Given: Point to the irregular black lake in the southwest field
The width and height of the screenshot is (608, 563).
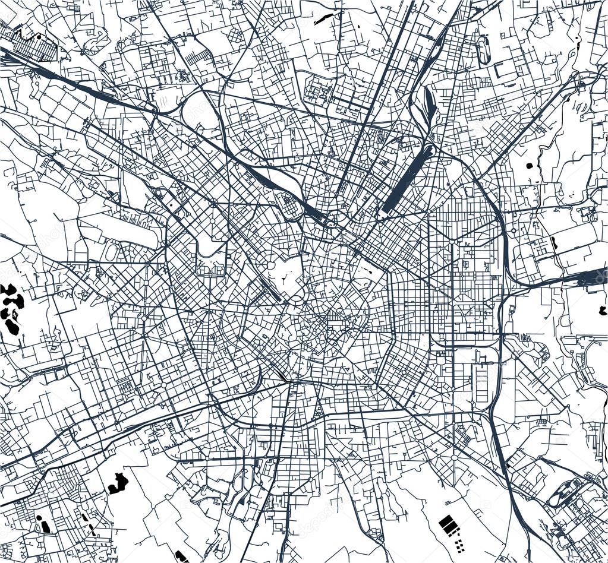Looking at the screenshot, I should point(118,483).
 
